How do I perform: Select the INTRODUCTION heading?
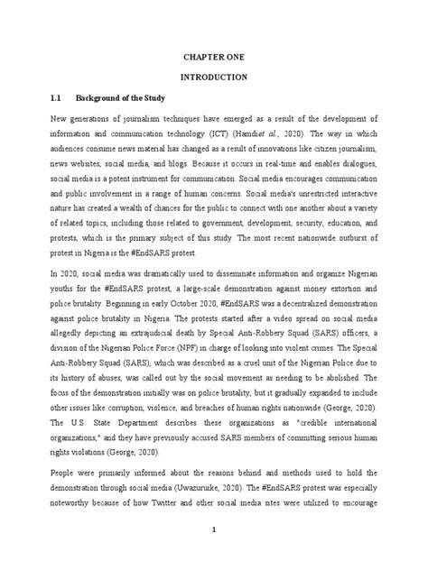[214, 78]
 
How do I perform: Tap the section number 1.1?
[58, 99]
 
